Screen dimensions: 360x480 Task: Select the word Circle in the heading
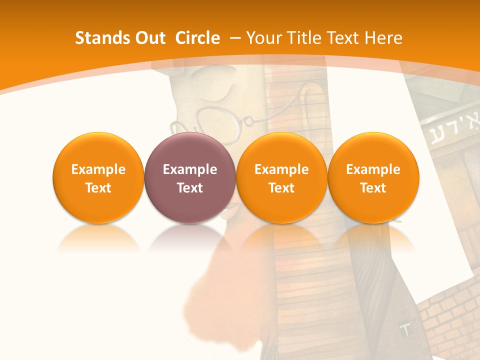pos(197,38)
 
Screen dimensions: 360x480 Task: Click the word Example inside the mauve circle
pos(190,169)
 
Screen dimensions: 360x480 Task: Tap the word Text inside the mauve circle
pos(190,188)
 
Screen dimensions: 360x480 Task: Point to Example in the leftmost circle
pos(98,169)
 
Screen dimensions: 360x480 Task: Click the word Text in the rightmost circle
pos(373,188)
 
